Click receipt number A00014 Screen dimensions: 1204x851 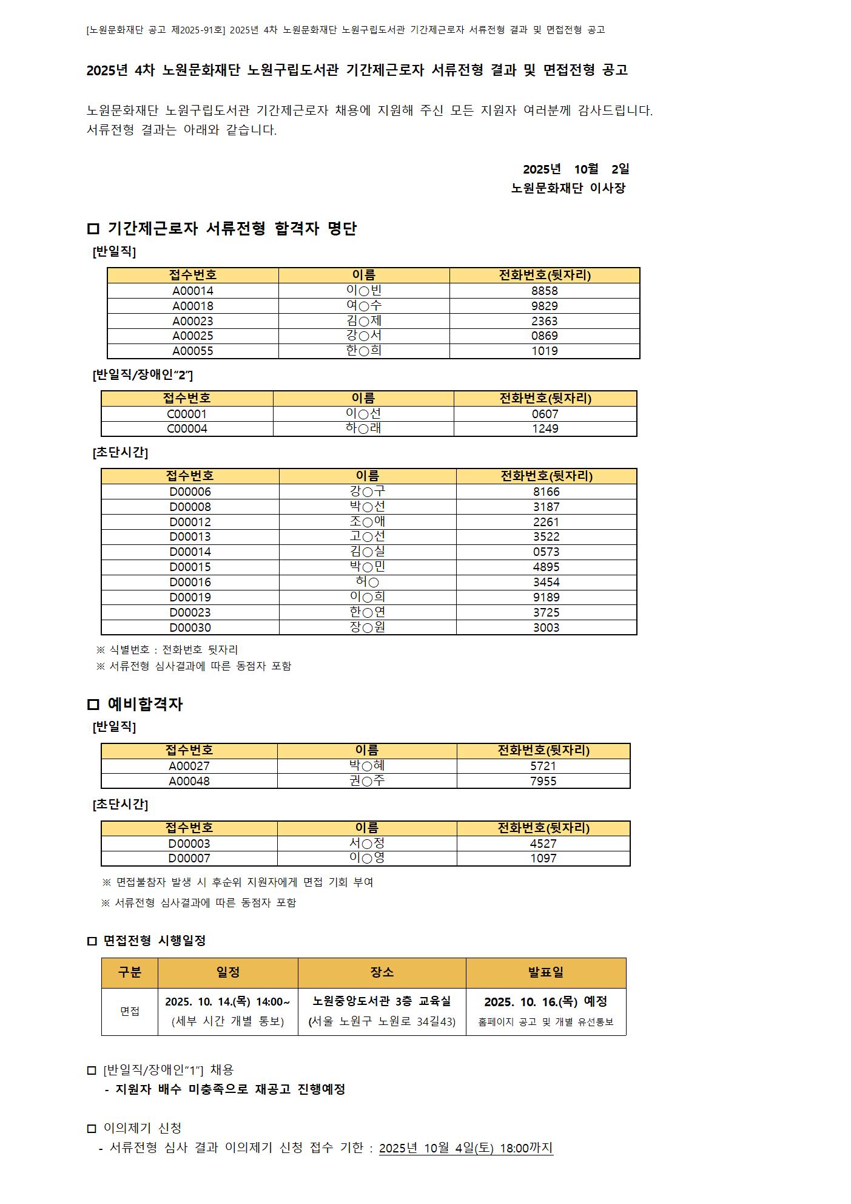click(193, 291)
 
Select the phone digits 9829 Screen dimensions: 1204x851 click(544, 306)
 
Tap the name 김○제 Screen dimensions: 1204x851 click(363, 321)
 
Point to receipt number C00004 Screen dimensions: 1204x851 click(187, 428)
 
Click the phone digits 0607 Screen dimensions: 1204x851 click(545, 414)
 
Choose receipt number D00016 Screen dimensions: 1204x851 click(190, 582)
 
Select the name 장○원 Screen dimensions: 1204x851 click(367, 627)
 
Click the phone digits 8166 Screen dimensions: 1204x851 click(546, 492)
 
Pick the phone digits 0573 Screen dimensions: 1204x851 click(546, 552)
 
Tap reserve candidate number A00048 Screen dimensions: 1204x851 click(189, 781)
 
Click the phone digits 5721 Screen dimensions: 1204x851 click(543, 766)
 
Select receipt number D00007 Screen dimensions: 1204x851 click(189, 858)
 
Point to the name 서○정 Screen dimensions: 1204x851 click(366, 844)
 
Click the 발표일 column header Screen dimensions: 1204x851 click(545, 972)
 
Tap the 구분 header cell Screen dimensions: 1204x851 click(130, 972)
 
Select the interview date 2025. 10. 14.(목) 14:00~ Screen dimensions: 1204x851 click(227, 1001)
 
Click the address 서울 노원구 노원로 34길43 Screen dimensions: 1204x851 click(382, 1021)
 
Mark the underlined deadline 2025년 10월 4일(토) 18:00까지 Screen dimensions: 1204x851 click(466, 1148)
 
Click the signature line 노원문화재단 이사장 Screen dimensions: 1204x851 click(568, 188)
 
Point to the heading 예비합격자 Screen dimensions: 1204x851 click(145, 704)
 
